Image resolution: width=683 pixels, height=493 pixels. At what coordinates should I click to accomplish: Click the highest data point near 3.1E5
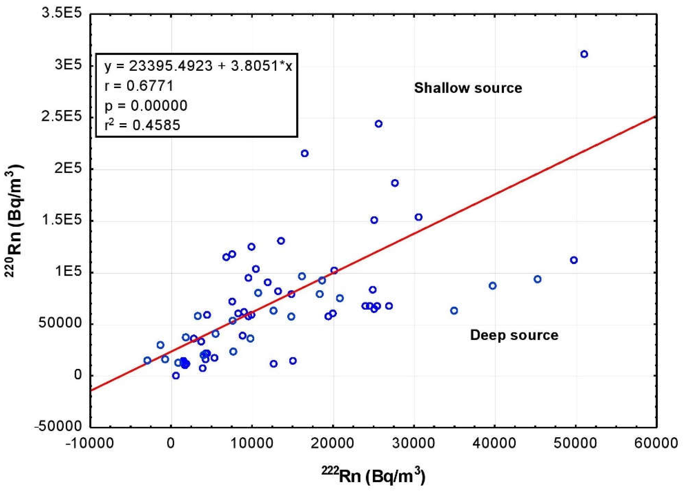[584, 54]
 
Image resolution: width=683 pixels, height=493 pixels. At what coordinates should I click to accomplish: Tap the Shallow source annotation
[468, 88]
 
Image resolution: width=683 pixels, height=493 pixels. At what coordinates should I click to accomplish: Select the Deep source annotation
[514, 335]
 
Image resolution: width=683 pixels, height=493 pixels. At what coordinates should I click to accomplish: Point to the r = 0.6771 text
[139, 86]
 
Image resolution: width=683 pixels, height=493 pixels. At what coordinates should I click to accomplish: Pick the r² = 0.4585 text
[142, 125]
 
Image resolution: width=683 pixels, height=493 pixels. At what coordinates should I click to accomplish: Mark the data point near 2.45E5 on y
[378, 124]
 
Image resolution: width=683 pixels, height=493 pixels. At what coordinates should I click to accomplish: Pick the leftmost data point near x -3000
[147, 360]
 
